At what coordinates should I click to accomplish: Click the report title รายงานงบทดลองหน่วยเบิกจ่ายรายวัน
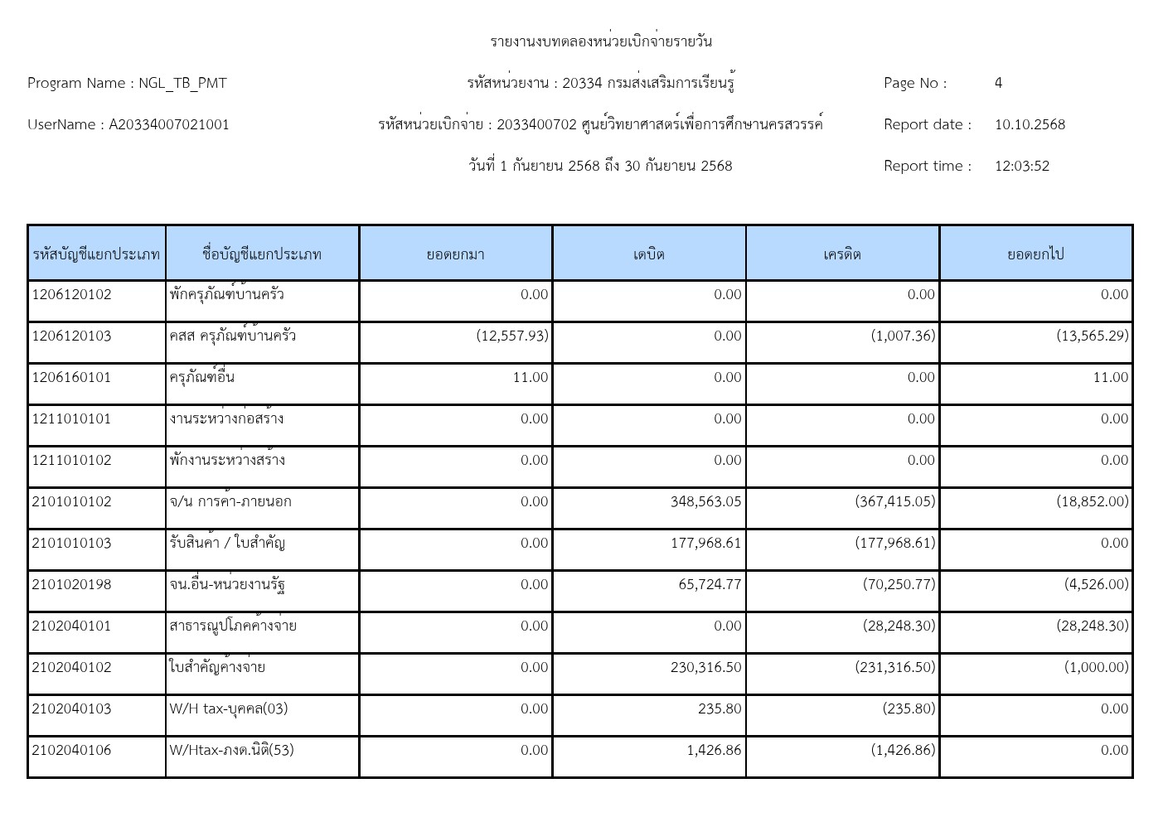click(x=600, y=41)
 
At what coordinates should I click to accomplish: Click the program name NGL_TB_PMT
click(x=182, y=83)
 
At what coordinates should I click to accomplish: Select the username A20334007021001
click(x=169, y=124)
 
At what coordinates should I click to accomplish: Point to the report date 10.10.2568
click(x=1030, y=124)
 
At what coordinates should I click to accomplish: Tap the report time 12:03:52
click(x=1021, y=166)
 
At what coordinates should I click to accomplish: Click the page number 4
click(x=998, y=83)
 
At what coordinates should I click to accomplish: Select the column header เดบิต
click(x=648, y=254)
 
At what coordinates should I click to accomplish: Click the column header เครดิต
click(x=842, y=254)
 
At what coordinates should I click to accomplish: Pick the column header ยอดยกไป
click(x=1035, y=254)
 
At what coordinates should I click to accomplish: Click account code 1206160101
click(x=71, y=378)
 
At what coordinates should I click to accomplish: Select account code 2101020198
click(x=71, y=585)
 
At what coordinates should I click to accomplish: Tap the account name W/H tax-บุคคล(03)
click(x=229, y=709)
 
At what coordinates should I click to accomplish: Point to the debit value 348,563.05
click(x=705, y=502)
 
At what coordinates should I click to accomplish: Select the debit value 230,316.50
click(x=705, y=668)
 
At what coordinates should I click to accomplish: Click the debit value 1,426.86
click(x=714, y=751)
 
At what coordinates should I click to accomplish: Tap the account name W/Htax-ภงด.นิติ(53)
click(x=231, y=751)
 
